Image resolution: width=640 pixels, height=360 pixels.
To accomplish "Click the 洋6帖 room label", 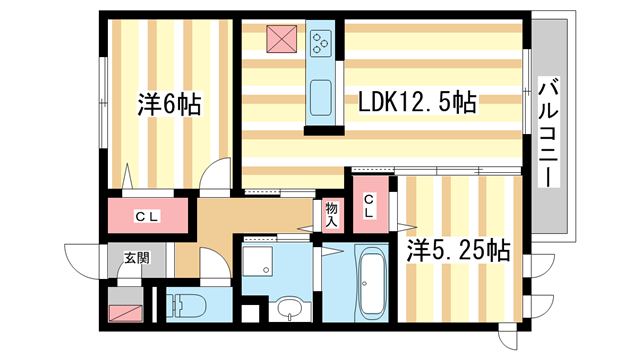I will click(167, 103).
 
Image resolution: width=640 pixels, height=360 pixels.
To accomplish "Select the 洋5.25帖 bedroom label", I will click(457, 252).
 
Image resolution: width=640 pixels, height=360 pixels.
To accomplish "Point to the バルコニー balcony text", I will click(548, 130).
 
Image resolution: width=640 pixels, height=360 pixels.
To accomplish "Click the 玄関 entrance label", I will click(136, 258).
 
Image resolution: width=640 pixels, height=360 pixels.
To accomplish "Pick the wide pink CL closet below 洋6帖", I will click(149, 215).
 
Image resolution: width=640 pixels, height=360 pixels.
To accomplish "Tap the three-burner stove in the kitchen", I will click(322, 43).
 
